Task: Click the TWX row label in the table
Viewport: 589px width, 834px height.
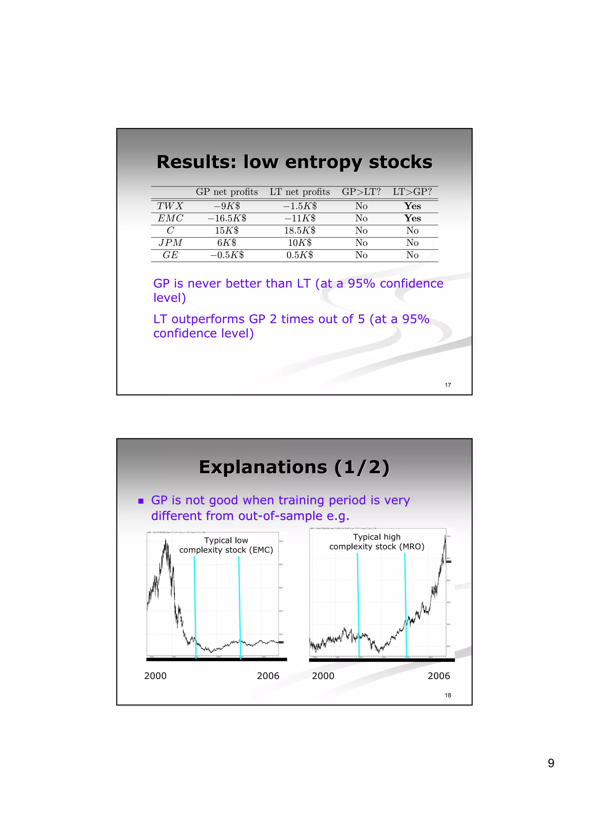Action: coord(170,206)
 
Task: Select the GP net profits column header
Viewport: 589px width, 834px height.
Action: coord(227,192)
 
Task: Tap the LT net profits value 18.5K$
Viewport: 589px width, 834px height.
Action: coord(300,230)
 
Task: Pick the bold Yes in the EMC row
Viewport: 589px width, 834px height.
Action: coord(413,218)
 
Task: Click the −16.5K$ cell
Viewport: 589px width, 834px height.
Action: coord(227,218)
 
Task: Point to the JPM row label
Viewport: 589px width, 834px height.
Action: coord(170,243)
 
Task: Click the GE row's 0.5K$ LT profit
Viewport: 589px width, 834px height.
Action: coord(300,255)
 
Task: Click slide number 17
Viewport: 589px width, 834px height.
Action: coord(448,385)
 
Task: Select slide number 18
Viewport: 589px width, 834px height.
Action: coord(448,695)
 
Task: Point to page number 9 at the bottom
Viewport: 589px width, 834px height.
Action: coord(550,763)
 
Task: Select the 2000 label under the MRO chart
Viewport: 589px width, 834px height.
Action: coord(323,676)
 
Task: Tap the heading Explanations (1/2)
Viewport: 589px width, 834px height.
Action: coord(294,467)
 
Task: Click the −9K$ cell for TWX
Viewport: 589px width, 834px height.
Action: coord(227,206)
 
